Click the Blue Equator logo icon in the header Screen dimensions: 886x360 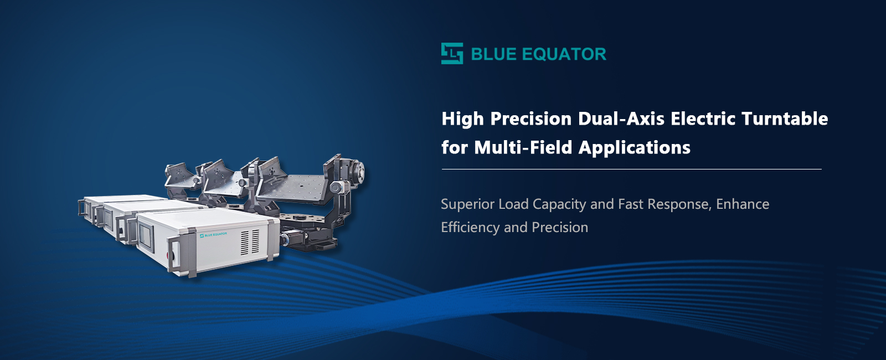(x=452, y=53)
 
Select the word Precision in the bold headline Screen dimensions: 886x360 (x=531, y=119)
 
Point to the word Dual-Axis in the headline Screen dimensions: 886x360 (x=621, y=119)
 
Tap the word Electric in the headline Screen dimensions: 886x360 (x=703, y=119)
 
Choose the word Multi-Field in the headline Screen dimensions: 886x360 (x=523, y=147)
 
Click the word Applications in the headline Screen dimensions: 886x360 (x=635, y=148)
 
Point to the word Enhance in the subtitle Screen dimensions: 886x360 (x=743, y=204)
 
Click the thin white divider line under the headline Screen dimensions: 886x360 (x=632, y=169)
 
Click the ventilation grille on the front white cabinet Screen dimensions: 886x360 (x=250, y=242)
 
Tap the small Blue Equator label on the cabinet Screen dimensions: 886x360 (x=213, y=235)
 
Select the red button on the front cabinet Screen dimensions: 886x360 (x=171, y=254)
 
